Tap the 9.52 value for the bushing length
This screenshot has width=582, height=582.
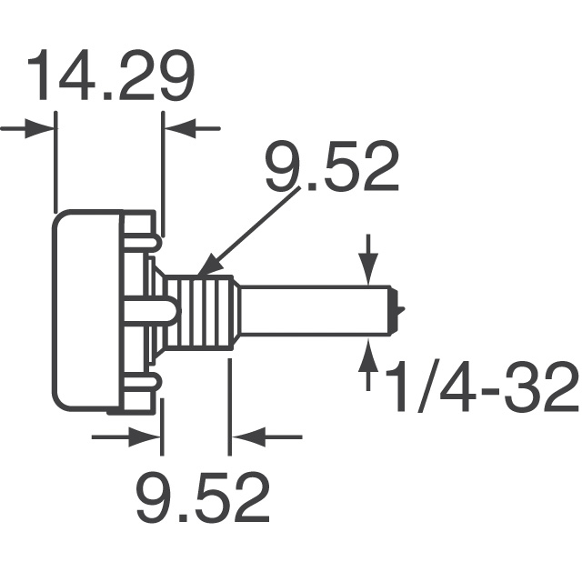(203, 497)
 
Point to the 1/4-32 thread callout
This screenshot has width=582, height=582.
(483, 389)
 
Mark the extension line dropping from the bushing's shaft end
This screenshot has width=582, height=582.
(229, 400)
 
